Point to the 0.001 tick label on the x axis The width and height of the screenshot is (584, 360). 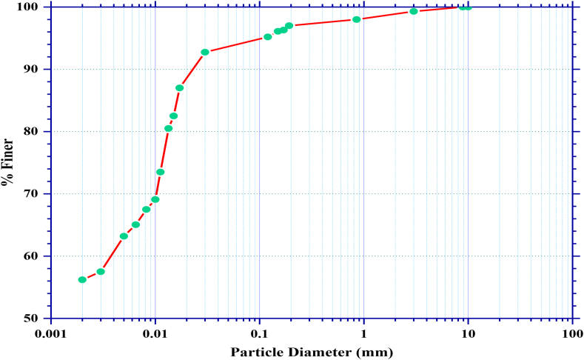50,333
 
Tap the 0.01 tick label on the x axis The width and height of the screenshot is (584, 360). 155,333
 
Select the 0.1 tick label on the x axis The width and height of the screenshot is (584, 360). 259,333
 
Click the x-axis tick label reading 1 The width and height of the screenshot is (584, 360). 363,333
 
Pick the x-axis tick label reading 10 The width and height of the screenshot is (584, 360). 468,333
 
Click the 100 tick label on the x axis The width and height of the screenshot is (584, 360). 571,333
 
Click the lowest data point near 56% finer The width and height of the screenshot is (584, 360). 82,279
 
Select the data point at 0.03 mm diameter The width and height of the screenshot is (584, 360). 205,52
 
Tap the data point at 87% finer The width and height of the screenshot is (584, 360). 179,87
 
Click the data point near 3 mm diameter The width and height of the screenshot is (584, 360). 414,11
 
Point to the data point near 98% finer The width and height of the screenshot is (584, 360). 356,19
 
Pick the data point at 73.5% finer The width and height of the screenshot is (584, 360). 160,172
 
